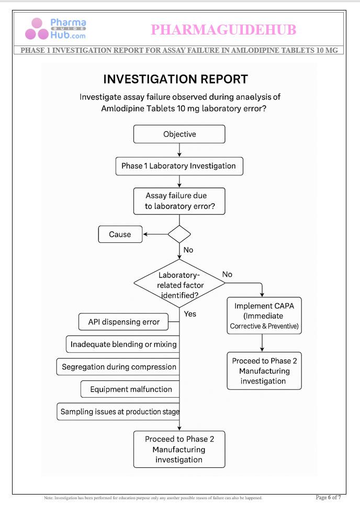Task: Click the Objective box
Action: tap(179, 134)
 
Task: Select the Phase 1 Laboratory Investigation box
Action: tap(179, 166)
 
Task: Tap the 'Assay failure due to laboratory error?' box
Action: tap(179, 201)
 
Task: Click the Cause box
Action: tap(120, 234)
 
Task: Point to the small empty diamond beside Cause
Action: tap(179, 234)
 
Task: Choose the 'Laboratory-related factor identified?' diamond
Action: tap(179, 284)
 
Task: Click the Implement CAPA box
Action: tap(264, 316)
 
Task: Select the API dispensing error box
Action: tap(124, 322)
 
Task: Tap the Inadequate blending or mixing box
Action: tap(123, 344)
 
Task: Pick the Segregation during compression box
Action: tap(119, 367)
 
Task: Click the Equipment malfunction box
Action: tap(131, 389)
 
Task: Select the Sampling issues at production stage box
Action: tap(119, 412)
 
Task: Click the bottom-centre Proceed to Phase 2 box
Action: tap(179, 449)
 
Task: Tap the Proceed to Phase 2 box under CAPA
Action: tap(264, 371)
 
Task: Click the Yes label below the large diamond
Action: tap(190, 313)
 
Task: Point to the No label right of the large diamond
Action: tap(227, 274)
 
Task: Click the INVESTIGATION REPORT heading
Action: tap(175, 80)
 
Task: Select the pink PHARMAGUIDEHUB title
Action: tap(223, 30)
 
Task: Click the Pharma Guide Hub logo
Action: tap(55, 29)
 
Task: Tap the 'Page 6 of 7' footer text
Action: tap(329, 497)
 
